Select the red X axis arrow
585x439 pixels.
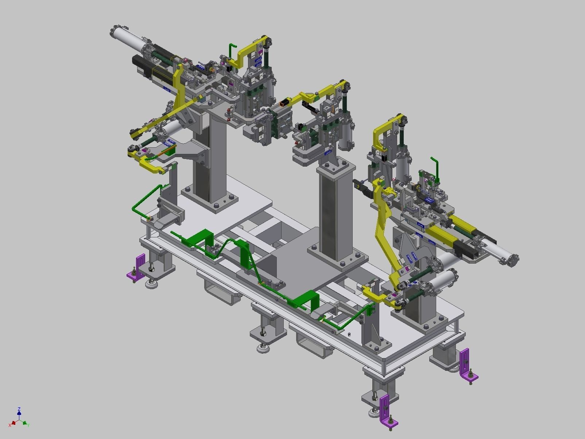pyautogui.click(x=13, y=423)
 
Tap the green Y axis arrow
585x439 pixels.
pyautogui.click(x=25, y=423)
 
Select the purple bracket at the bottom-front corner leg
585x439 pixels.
pyautogui.click(x=386, y=410)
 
